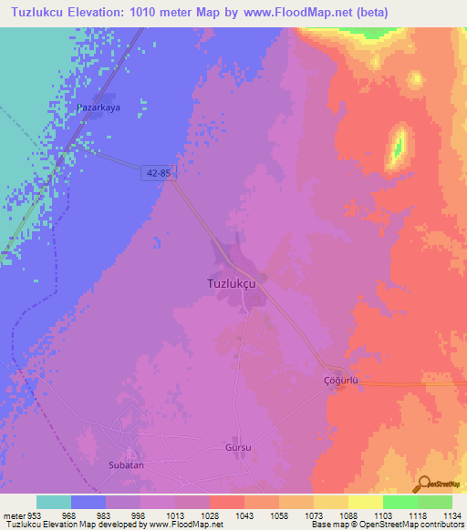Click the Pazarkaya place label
coord(99,107)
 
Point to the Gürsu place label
coord(237,448)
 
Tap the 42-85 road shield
coord(158,171)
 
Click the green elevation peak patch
coord(398,146)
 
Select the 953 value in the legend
coord(33,515)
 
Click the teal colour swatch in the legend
coord(54,502)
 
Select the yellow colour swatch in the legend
coord(365,502)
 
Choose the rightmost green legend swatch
coord(435,502)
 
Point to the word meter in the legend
coord(14,515)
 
